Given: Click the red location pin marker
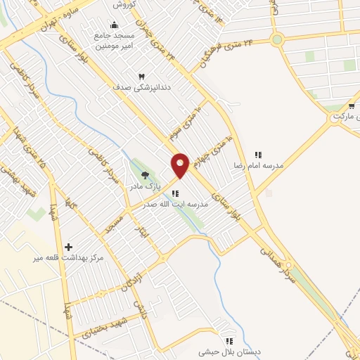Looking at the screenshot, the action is (180, 165).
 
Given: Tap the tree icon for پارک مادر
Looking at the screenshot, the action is (146, 175).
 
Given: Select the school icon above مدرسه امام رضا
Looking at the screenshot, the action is (258, 155).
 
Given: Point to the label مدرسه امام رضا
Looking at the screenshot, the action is (259, 165).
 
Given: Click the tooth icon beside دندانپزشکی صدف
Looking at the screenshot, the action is (141, 76).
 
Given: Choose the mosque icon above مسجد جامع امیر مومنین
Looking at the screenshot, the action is (114, 26).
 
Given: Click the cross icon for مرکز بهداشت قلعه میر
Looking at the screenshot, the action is (68, 247).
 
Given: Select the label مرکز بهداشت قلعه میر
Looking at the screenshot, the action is (67, 258).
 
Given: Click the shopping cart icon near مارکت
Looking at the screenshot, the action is (351, 106).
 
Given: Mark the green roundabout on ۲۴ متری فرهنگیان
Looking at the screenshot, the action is (277, 39).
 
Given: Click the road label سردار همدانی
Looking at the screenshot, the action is (275, 260).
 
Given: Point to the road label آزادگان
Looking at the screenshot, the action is (131, 276).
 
